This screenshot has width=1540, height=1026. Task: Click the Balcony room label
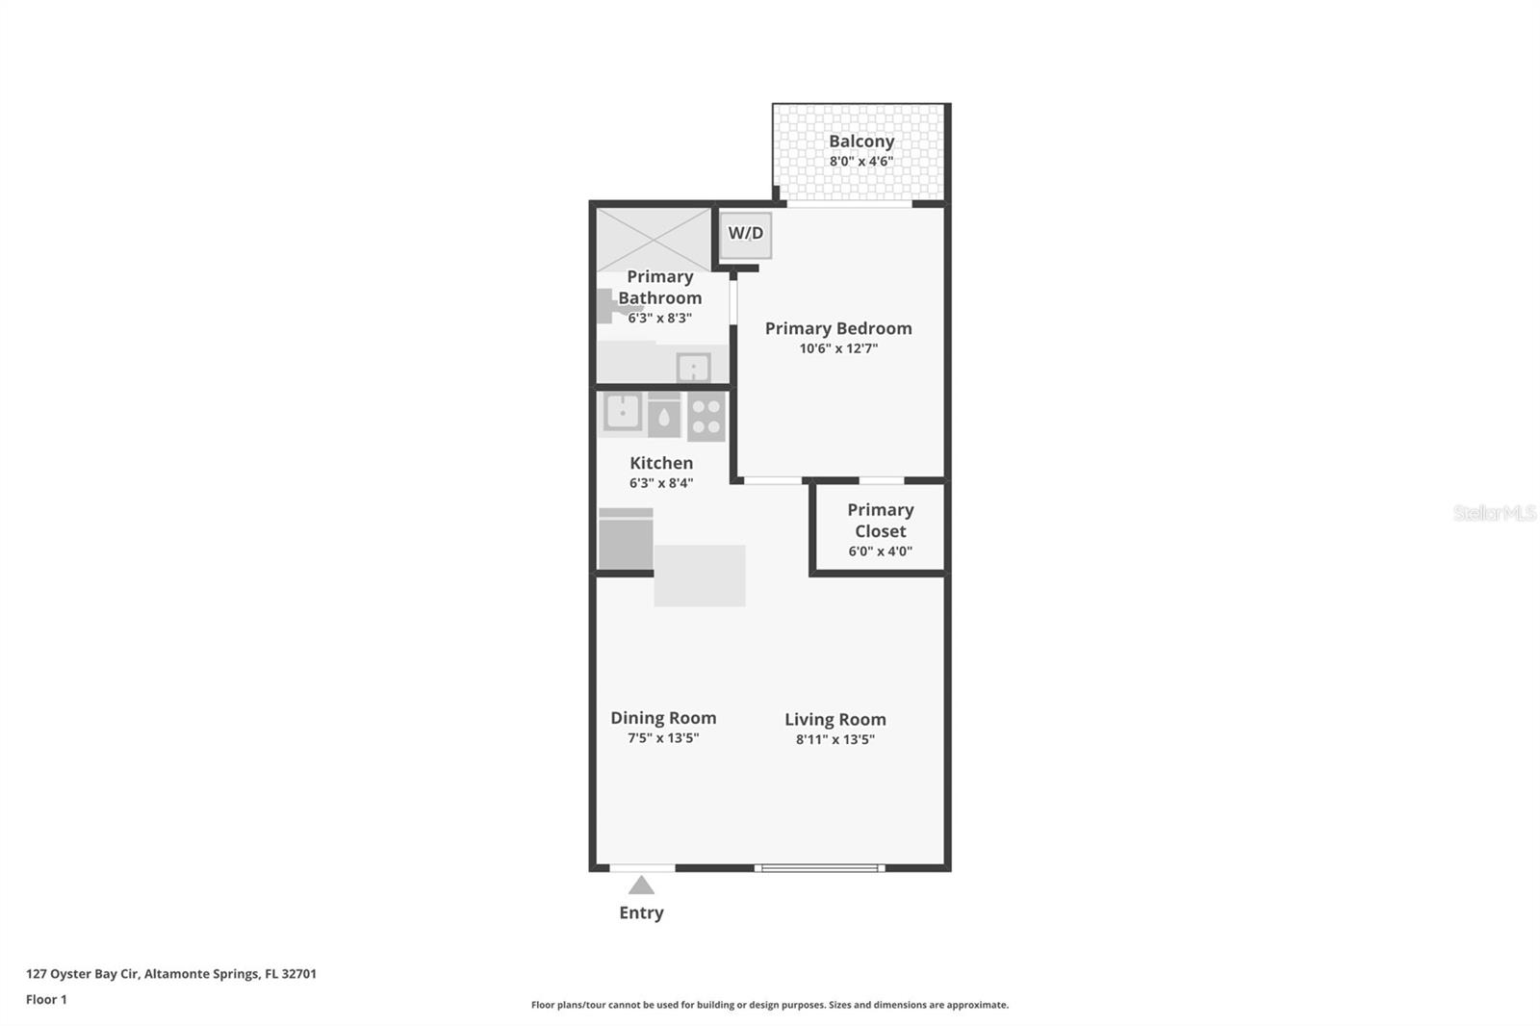tap(861, 141)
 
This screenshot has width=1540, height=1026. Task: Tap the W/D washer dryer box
tap(746, 234)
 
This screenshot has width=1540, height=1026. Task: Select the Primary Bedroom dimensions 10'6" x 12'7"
tap(838, 348)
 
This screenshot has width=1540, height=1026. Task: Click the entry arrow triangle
tap(641, 885)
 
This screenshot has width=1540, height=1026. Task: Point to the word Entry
tap(641, 912)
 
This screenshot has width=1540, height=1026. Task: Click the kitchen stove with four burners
tap(706, 416)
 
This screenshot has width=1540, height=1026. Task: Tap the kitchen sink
tap(623, 412)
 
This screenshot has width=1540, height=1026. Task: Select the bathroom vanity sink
tap(693, 368)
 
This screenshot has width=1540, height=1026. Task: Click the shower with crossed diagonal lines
tap(654, 238)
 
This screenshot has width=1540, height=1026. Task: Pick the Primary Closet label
tap(880, 521)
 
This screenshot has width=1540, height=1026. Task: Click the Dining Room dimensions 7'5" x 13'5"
tap(663, 738)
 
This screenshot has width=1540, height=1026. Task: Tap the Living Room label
tap(834, 719)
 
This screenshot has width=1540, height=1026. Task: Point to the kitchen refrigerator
tap(626, 540)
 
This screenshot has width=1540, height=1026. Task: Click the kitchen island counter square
tap(700, 576)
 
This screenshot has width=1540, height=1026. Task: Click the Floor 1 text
tap(46, 999)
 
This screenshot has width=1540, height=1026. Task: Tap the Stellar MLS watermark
tap(1494, 513)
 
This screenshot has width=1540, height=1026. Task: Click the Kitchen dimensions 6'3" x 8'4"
tap(661, 483)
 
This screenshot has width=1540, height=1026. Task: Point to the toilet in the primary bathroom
tap(608, 307)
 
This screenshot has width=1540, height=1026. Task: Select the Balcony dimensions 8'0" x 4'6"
tap(861, 162)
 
